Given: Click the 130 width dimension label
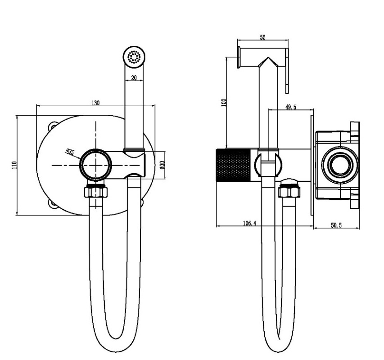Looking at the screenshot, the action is tap(95, 103).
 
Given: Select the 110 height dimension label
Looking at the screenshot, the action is tap(14, 165).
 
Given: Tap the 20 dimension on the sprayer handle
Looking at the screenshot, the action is tap(134, 78).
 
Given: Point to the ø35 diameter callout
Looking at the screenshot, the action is tap(70, 152).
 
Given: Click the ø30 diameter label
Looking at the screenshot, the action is tap(162, 165).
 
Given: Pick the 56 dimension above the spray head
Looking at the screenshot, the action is tap(262, 37).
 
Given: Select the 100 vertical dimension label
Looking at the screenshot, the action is tap(224, 102).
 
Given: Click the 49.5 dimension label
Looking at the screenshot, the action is tap(291, 107).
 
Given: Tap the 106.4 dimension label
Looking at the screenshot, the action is tap(249, 223).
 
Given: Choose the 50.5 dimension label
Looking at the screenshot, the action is tap(336, 225).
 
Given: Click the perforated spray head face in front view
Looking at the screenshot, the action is tap(134, 57).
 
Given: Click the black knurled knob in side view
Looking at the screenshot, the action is tap(233, 165).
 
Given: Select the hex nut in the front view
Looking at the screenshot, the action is tap(96, 191).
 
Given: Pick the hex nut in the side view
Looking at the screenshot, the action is tap(289, 191).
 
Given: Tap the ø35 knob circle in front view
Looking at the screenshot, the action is tap(96, 165).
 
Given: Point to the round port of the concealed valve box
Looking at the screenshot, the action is tap(339, 164).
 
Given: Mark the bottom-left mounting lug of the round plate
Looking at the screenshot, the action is tap(53, 203).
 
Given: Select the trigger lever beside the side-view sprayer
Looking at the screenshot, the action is tap(287, 71).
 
